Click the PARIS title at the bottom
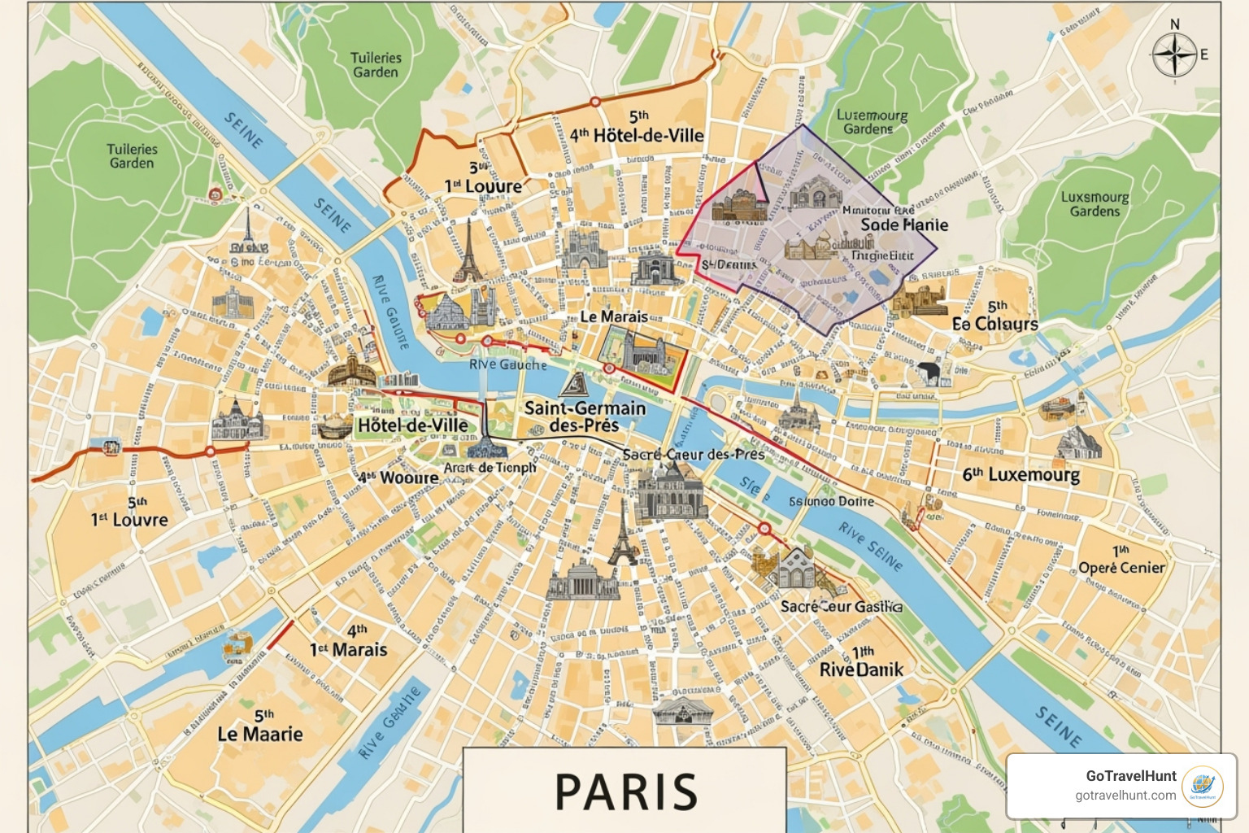pos(625,792)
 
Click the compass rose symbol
pos(1174,55)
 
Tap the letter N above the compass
pos(1174,24)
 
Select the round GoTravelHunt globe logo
pos(1202,786)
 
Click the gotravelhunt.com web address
pos(1125,796)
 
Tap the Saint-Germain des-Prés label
pos(585,416)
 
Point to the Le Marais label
pos(613,316)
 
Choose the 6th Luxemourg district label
pos(1021,474)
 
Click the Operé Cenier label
pos(1121,568)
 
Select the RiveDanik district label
pos(861,669)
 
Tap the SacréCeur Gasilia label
pos(841,606)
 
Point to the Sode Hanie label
pos(904,225)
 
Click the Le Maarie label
pos(260,734)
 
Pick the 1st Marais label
pos(348,649)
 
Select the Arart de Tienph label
pos(490,468)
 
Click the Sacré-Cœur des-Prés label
pos(693,455)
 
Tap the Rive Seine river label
pos(870,547)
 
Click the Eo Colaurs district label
pos(995,324)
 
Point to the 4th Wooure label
pos(398,478)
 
